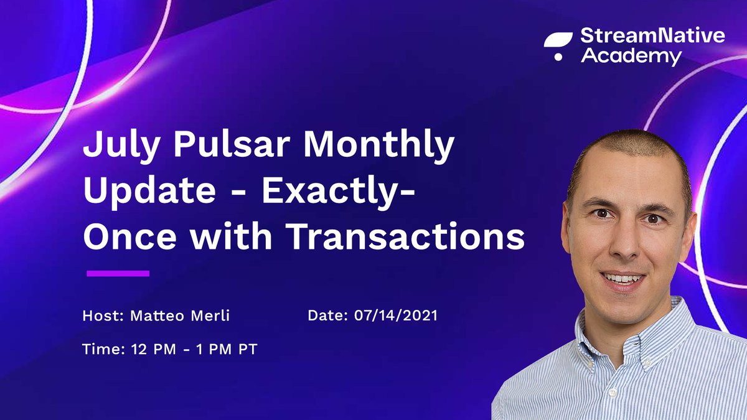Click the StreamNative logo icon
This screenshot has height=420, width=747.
pos(557,47)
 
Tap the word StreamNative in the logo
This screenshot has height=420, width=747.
pos(652,36)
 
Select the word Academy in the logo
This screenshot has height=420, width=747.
pos(631,57)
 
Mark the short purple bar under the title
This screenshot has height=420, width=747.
pos(118,273)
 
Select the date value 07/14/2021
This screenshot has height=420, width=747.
pos(395,316)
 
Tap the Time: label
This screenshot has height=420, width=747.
pos(104,350)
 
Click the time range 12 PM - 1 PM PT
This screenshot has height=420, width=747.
pos(194,350)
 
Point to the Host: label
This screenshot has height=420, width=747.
pos(103,316)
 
